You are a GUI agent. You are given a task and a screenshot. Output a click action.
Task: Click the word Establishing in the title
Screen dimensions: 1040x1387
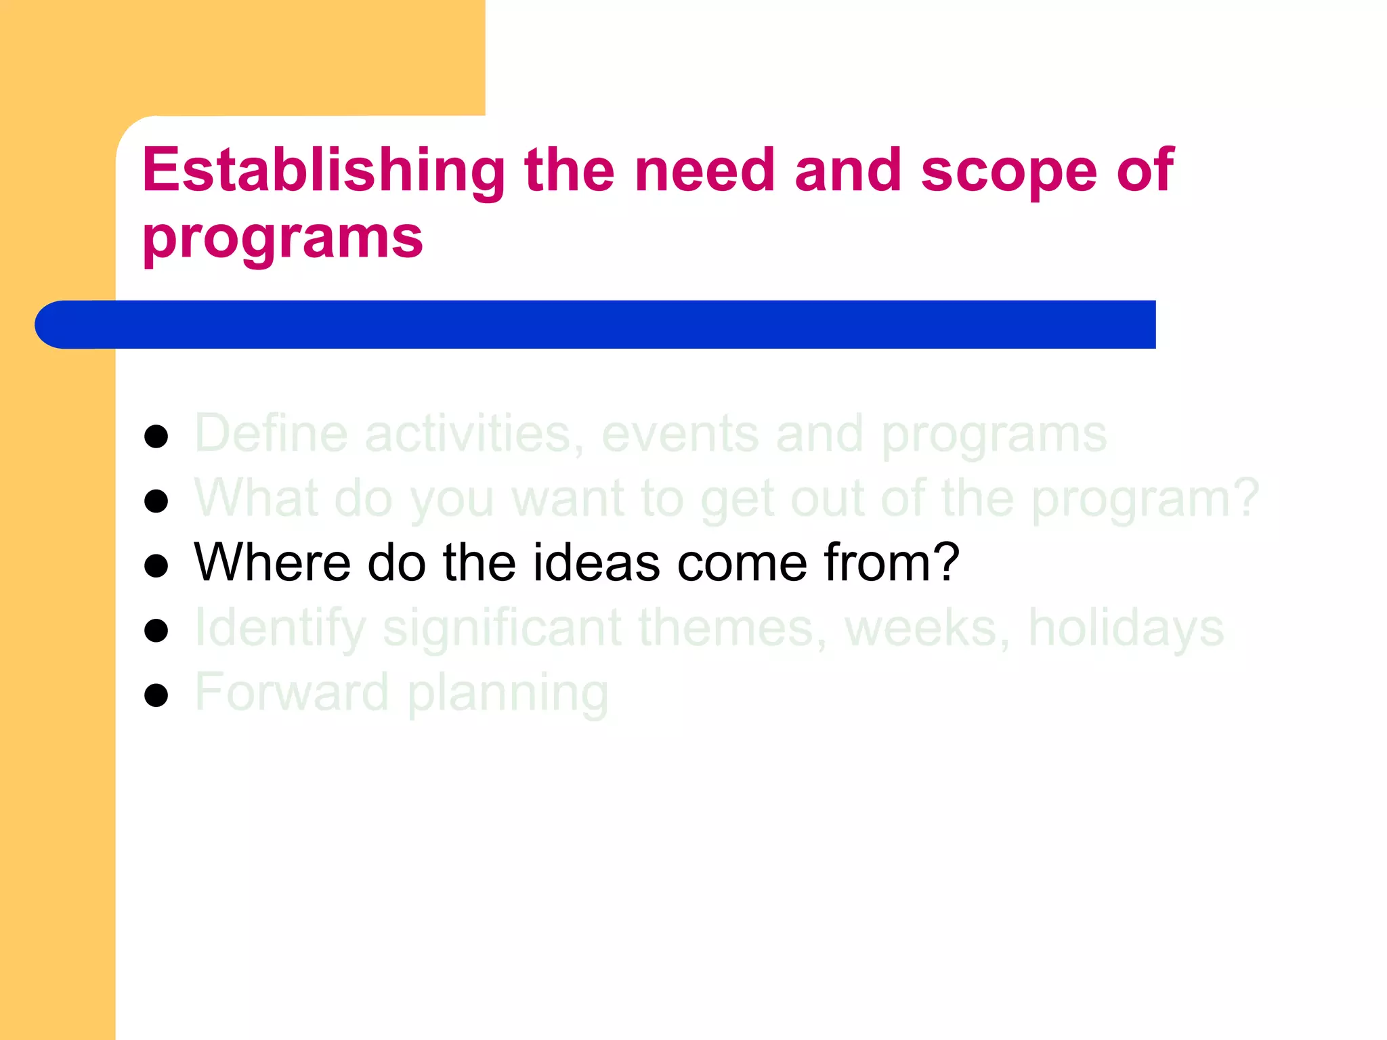pos(323,171)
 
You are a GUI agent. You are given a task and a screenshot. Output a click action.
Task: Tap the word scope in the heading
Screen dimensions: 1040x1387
pos(1008,171)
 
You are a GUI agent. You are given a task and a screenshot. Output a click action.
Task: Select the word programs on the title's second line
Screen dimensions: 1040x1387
pos(282,238)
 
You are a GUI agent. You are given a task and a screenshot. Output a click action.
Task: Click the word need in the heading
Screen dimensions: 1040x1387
pos(704,171)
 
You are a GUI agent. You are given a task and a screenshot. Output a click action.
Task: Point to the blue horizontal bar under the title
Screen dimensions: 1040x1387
pos(596,324)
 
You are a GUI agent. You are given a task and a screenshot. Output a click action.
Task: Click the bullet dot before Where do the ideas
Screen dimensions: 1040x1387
pos(156,565)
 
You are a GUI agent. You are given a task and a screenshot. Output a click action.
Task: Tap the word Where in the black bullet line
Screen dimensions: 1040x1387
pos(272,563)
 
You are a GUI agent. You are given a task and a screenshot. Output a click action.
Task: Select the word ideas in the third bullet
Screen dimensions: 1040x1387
pos(596,563)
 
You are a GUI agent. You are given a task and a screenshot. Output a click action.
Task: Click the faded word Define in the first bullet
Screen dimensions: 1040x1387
pos(271,433)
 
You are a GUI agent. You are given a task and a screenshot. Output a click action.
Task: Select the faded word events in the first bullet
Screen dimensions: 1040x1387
pos(679,433)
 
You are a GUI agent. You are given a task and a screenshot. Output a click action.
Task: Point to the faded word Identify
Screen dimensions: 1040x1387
pos(280,628)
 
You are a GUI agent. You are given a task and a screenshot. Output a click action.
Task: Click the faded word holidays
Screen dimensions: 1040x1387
pos(1126,627)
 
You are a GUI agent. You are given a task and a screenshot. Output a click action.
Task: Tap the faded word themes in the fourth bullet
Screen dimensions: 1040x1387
pos(732,628)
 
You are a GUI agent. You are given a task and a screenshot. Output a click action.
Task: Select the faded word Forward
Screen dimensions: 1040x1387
pos(292,692)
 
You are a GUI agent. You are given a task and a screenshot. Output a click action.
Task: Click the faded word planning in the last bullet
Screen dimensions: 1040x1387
pos(508,693)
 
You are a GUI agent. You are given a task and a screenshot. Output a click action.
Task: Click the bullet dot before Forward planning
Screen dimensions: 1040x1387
pos(156,695)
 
